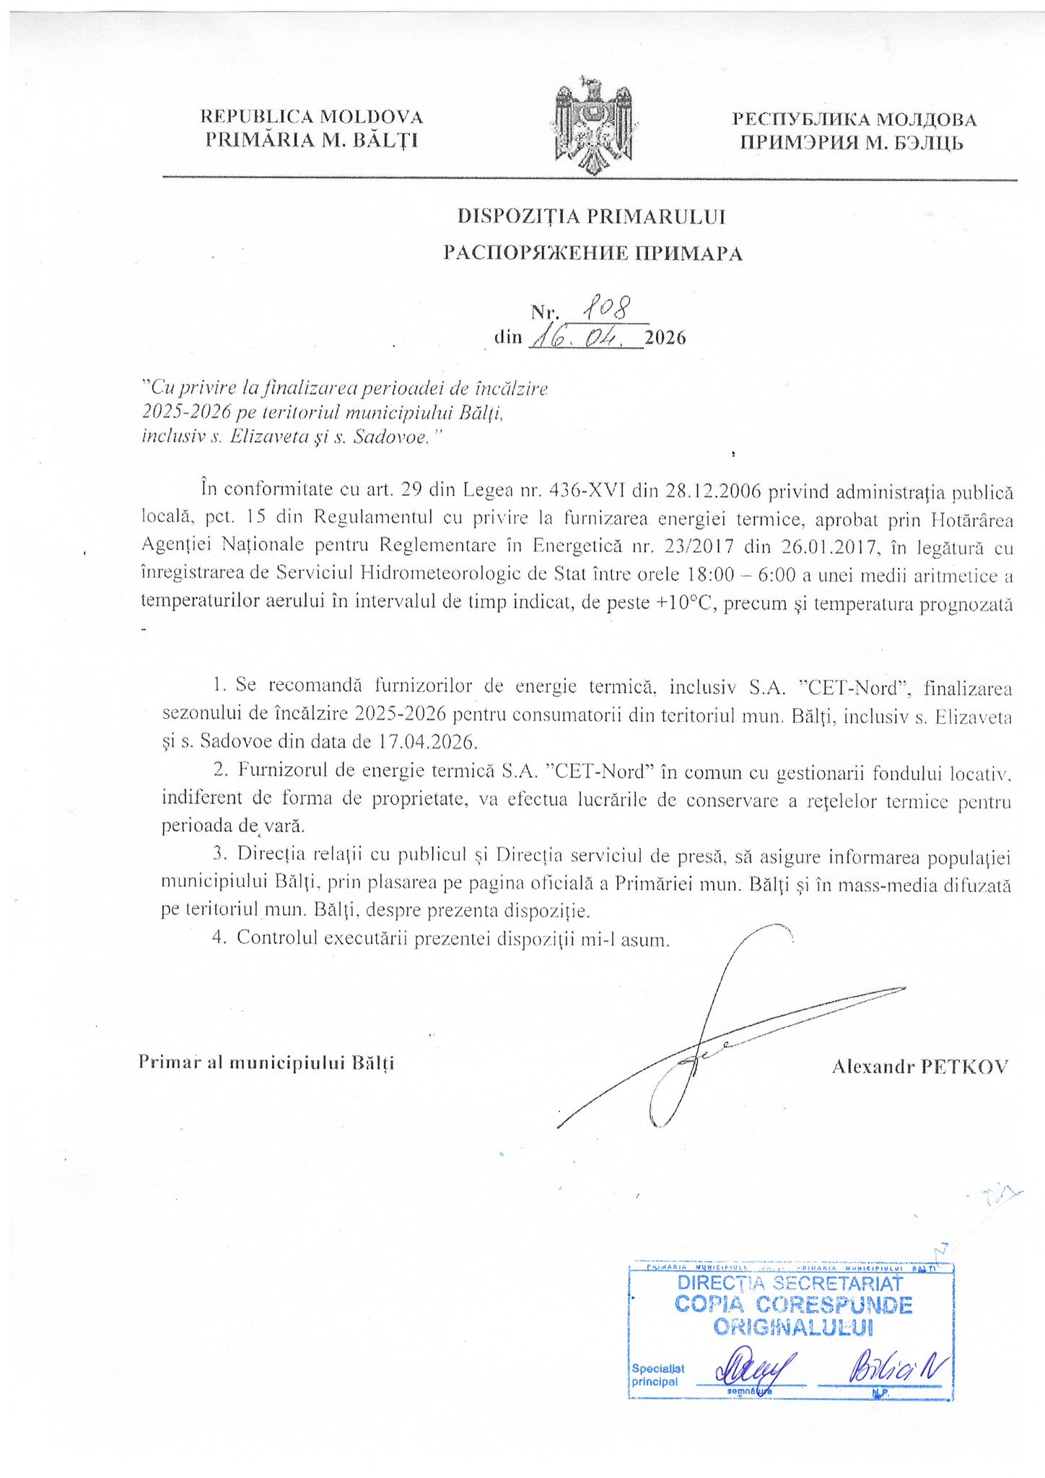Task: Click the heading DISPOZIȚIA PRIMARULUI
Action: click(592, 217)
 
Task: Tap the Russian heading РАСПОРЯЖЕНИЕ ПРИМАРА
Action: click(592, 253)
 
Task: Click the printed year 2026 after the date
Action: click(665, 338)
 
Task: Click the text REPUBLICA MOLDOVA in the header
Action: click(311, 117)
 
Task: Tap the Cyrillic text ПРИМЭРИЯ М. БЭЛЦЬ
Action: click(851, 143)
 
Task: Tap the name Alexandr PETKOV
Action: click(919, 1067)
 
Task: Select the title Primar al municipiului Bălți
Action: click(266, 1062)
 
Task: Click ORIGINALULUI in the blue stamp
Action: click(793, 1327)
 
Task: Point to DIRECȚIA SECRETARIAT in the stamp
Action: click(790, 1283)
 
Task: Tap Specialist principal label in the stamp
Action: click(657, 1375)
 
